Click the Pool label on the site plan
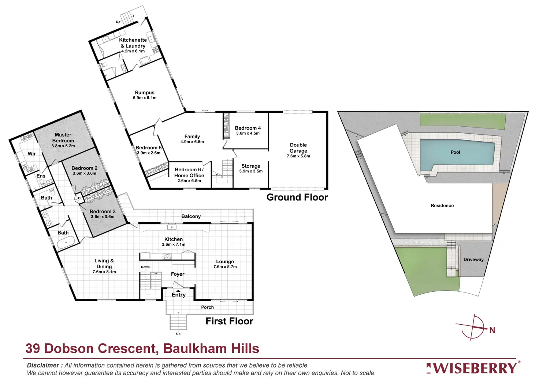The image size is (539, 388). [x=455, y=152]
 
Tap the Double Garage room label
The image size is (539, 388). [x=298, y=148]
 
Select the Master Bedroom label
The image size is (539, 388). [x=63, y=138]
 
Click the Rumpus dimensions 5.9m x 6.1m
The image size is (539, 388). [x=145, y=98]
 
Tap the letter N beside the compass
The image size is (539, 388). [x=492, y=331]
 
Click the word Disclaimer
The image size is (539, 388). [x=43, y=365]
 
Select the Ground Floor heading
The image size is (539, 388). [x=297, y=197]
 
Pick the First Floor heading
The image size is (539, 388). [x=229, y=321]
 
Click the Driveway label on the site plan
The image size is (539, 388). [x=473, y=260]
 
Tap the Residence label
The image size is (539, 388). [x=442, y=206]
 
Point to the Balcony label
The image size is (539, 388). [x=191, y=216]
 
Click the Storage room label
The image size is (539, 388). [x=251, y=166]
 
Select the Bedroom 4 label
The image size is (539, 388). [x=248, y=128]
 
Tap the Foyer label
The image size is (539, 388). [x=178, y=274]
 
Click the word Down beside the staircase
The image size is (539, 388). [x=145, y=267]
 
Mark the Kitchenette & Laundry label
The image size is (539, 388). [x=133, y=43]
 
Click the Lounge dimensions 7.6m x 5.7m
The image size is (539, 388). [x=225, y=267]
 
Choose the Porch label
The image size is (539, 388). [x=207, y=307]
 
